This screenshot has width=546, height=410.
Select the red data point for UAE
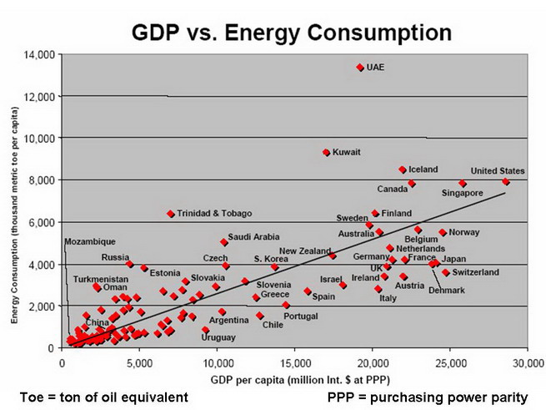[x=360, y=68]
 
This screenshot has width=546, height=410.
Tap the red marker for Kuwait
[x=326, y=152]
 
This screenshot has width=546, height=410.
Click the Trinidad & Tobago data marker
[x=171, y=214]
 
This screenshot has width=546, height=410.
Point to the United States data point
[x=505, y=181]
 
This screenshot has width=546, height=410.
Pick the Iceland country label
[x=423, y=170]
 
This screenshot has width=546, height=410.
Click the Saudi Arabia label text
[x=253, y=237]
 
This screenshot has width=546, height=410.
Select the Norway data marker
[x=443, y=233]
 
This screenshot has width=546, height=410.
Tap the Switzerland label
[x=476, y=272]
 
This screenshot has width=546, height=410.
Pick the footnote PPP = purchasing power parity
[x=427, y=397]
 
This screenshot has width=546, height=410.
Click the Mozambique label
[x=90, y=242]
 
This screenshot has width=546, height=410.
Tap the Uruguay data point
[x=205, y=330]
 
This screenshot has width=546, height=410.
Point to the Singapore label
[x=463, y=193]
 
